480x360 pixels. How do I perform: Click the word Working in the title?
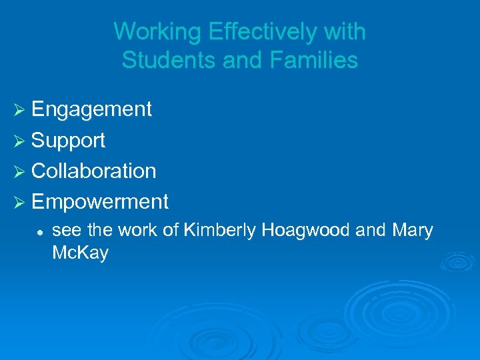pos(156,31)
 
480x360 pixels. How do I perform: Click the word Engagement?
pos(91,109)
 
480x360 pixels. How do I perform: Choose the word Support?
pos(68,140)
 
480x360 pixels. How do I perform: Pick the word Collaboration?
pos(93,171)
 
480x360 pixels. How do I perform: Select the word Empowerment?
pos(99,201)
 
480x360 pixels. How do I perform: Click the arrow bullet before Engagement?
pos(19,109)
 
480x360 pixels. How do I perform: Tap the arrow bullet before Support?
pos(19,140)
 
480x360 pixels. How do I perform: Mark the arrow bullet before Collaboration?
pos(19,171)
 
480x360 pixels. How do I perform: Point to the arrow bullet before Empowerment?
pos(19,201)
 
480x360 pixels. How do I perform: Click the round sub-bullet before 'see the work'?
pos(41,231)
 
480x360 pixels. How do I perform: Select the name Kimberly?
pos(220,231)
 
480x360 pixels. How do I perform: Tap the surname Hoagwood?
pos(306,231)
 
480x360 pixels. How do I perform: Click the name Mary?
pos(413,231)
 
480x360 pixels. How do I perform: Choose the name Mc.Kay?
pos(80,254)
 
